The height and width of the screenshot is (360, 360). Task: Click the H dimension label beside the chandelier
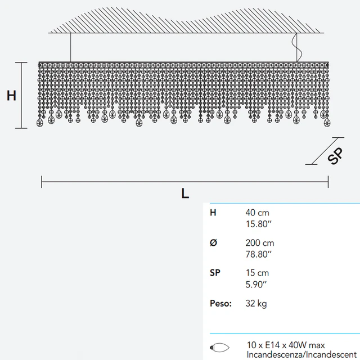[11, 96]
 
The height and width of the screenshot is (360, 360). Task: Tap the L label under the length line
[185, 193]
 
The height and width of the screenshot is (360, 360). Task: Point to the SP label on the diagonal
[335, 156]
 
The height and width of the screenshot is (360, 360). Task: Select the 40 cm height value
[257, 213]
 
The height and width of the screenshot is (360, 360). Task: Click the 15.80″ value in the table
[259, 224]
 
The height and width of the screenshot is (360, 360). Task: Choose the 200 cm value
[260, 243]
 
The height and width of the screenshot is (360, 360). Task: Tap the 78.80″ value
[259, 254]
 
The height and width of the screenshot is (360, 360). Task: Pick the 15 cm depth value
[257, 273]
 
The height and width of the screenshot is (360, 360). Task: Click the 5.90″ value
[256, 285]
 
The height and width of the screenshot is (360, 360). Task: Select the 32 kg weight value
[256, 304]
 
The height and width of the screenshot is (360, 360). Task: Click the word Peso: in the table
[220, 303]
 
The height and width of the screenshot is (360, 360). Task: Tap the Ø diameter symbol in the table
[213, 242]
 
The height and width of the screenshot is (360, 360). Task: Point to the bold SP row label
[215, 273]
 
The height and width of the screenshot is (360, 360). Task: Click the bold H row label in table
[213, 213]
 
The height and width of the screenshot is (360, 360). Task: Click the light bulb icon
[219, 347]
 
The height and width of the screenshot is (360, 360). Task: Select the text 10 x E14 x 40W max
[286, 345]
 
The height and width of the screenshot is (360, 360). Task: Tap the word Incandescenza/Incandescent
[301, 354]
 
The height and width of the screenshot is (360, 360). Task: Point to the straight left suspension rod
[70, 47]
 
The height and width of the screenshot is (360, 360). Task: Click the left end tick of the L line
[42, 182]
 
